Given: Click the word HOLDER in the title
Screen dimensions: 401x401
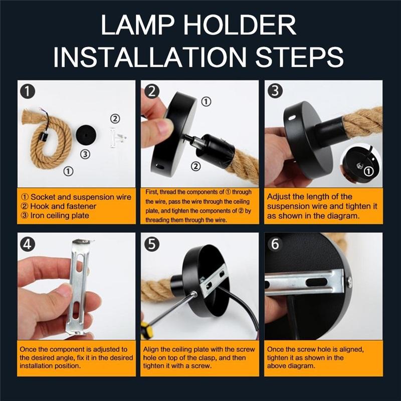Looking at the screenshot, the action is click(x=240, y=25).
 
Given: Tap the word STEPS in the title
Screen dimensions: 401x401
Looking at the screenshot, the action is click(x=299, y=57).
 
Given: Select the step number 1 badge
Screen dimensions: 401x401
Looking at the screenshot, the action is click(x=28, y=91).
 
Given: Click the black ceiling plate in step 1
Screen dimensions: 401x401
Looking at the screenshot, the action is click(x=86, y=135).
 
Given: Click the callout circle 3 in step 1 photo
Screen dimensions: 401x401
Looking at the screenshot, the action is click(x=85, y=154).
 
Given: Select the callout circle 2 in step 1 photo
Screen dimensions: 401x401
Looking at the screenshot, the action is click(x=115, y=119).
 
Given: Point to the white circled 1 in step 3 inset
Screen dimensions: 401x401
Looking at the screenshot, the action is click(x=368, y=171).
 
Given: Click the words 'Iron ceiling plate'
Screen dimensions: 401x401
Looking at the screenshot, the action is click(x=60, y=216).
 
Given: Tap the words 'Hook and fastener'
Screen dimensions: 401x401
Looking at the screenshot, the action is click(x=63, y=206).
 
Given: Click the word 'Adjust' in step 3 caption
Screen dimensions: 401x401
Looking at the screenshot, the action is click(x=278, y=197).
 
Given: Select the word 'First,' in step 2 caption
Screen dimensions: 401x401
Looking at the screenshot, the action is click(x=152, y=192).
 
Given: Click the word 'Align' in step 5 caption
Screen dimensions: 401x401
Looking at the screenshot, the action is click(x=151, y=349).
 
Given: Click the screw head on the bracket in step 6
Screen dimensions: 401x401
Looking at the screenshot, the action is click(x=349, y=282).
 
